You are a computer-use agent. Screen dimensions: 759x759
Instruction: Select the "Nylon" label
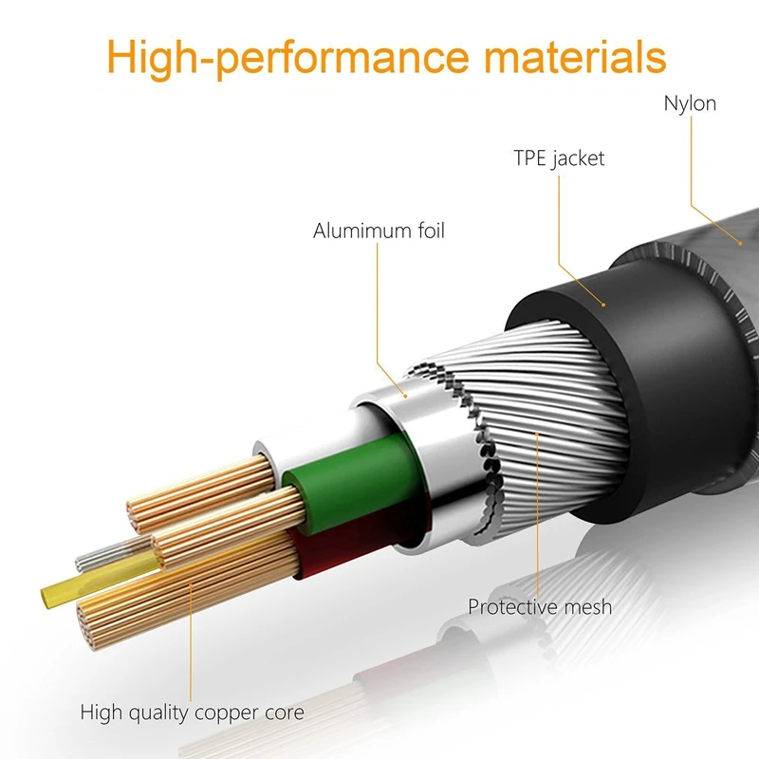(x=690, y=103)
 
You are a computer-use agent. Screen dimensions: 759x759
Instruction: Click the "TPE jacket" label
(x=560, y=157)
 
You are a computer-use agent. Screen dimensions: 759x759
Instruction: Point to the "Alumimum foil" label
(x=379, y=231)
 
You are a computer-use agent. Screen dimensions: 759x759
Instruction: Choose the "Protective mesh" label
(x=540, y=606)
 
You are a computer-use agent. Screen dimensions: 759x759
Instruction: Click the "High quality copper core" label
(x=192, y=711)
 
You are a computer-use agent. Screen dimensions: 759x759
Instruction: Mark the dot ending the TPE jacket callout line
(x=604, y=305)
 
